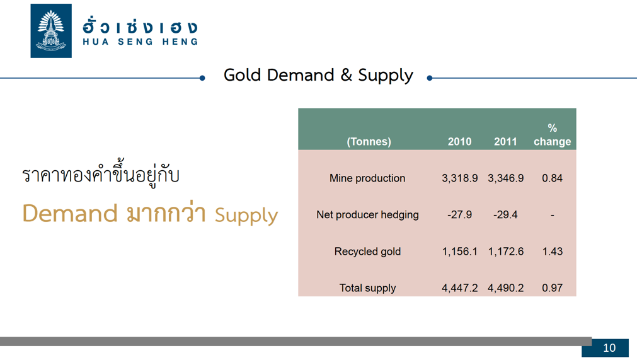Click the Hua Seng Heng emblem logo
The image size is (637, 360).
(x=51, y=31)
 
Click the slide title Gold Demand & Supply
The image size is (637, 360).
(x=318, y=76)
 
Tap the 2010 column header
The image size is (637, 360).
(x=459, y=141)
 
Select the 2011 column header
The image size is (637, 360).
(x=505, y=141)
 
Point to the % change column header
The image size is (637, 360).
(x=552, y=135)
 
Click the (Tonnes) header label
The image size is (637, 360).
(x=369, y=142)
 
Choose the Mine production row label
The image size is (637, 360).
(x=367, y=178)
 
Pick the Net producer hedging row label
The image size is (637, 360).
(x=367, y=214)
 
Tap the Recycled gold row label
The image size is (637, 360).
(x=367, y=252)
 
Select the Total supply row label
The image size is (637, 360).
(x=367, y=288)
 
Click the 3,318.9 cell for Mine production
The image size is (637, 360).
(x=459, y=178)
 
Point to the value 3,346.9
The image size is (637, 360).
(x=505, y=178)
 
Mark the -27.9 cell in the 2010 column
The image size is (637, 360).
(x=459, y=214)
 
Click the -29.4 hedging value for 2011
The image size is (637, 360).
(x=505, y=214)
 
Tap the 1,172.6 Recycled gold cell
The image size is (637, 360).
(x=505, y=252)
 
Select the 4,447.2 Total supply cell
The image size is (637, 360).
(x=459, y=288)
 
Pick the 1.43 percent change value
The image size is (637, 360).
(x=552, y=252)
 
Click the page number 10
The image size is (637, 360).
(x=609, y=348)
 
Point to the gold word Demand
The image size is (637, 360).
(x=70, y=213)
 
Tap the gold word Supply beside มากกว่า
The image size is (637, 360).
(x=246, y=216)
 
